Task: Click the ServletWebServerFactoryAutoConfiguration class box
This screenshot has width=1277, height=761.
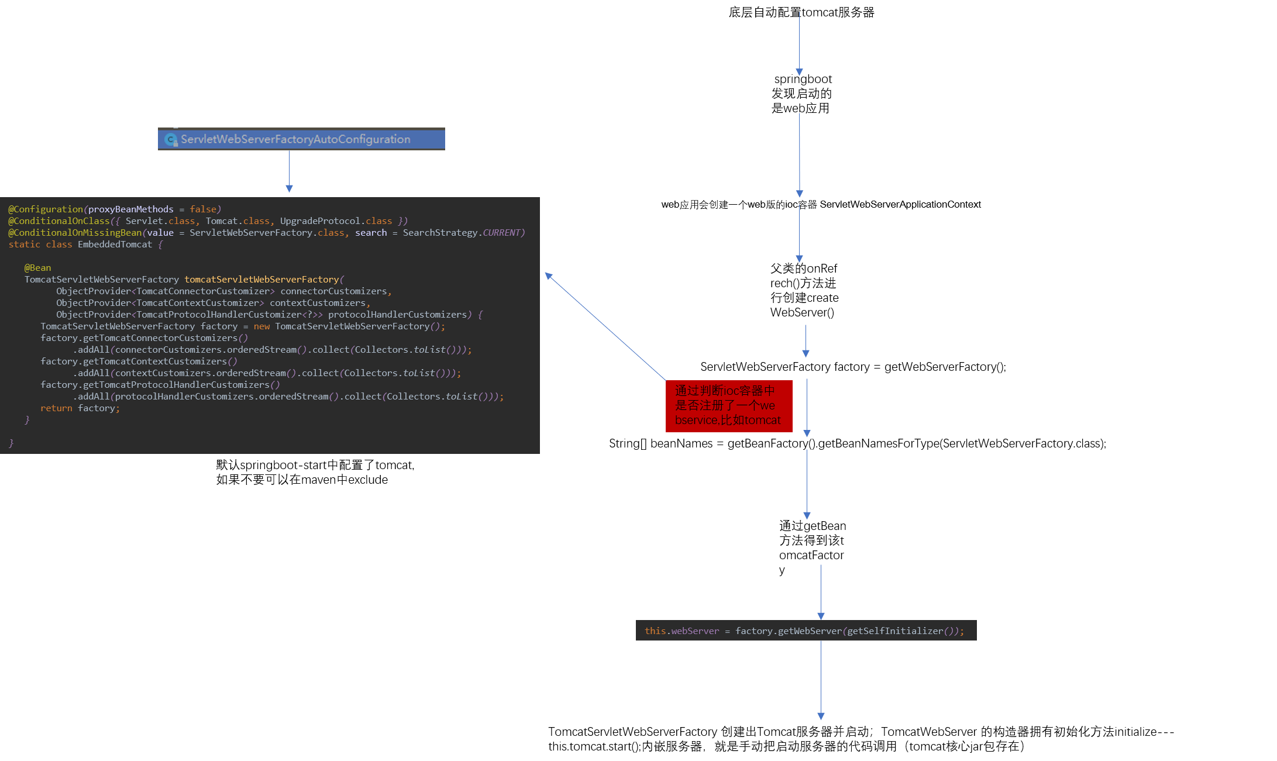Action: tap(301, 139)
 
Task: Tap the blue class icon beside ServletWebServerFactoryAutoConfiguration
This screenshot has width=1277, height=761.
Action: tap(171, 140)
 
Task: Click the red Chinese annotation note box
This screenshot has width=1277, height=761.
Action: tap(728, 406)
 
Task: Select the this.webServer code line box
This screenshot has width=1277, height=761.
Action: tap(806, 631)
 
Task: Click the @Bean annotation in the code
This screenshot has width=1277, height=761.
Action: tap(38, 268)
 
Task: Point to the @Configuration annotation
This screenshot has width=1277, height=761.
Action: tap(46, 209)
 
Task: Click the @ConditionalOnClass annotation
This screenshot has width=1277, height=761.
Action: tap(59, 221)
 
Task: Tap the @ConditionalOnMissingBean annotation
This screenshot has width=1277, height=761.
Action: tap(75, 233)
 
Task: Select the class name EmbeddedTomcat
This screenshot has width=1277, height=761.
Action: tap(115, 245)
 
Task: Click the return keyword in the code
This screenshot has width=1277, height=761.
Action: tap(56, 408)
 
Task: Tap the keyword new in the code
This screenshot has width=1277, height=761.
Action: tap(261, 326)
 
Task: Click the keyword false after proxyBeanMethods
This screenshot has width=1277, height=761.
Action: tap(203, 209)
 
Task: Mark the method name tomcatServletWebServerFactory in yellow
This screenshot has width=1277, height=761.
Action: tap(261, 280)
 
